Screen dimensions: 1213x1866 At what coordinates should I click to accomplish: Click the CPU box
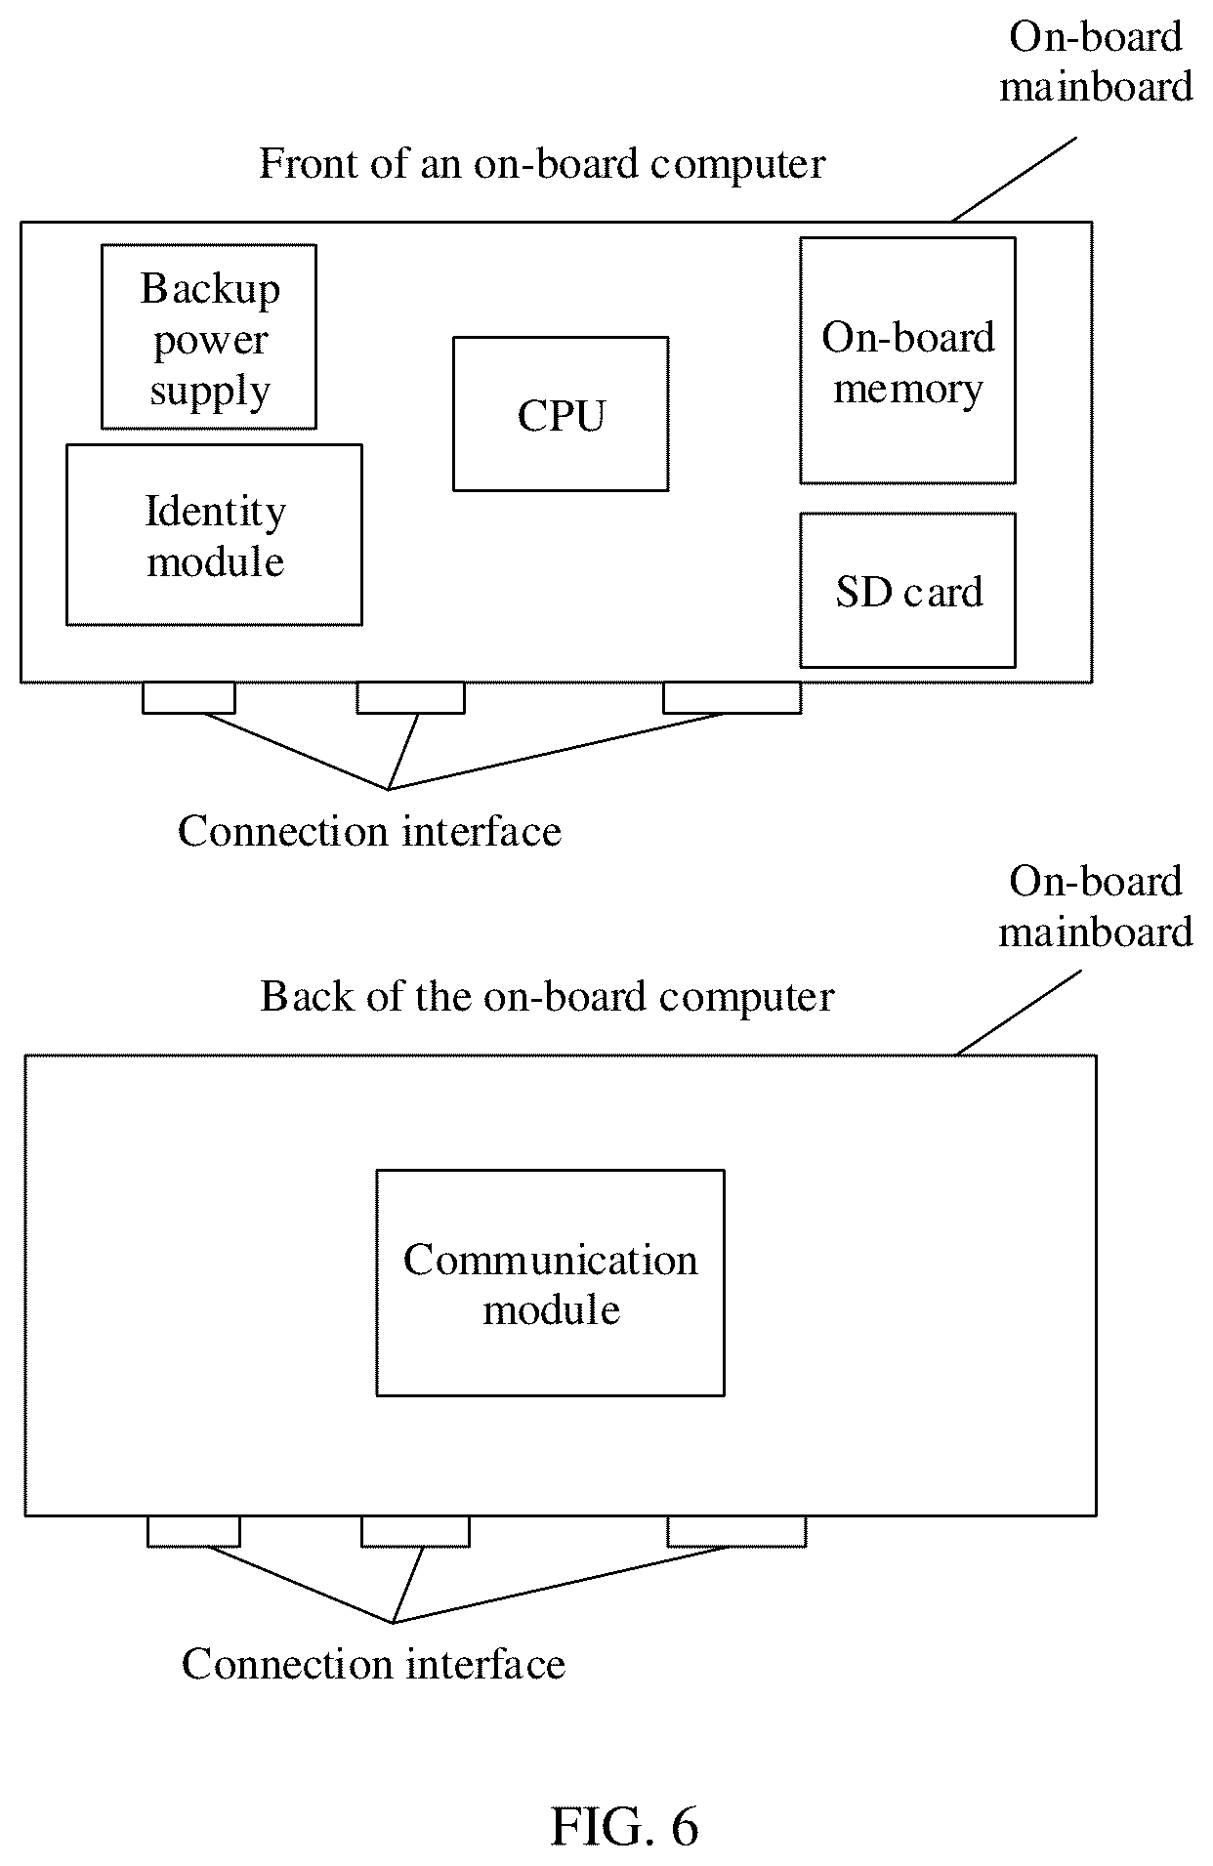pos(561,414)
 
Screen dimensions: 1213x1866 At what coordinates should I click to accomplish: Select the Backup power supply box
pos(209,337)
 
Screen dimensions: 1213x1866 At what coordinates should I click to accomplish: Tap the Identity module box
pos(214,535)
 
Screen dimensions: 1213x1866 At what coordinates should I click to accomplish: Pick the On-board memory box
pos(907,360)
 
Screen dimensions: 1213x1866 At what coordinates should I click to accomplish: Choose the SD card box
pos(907,591)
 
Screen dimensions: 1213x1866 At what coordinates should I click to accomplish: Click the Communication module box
pos(550,1283)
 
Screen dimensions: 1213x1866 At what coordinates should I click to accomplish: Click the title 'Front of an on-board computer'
pos(542,164)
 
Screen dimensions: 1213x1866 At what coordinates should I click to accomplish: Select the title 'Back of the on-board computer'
pos(547,997)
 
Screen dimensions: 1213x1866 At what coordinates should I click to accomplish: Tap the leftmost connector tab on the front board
pos(188,698)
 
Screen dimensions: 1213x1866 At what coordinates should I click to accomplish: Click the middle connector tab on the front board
pos(410,698)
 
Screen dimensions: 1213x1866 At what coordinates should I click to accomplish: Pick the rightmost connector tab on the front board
pos(732,698)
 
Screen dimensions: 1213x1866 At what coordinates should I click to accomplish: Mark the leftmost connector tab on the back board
pos(193,1532)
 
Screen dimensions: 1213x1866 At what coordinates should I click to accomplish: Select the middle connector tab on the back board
pos(415,1532)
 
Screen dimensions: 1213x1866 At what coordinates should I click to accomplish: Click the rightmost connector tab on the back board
pos(736,1532)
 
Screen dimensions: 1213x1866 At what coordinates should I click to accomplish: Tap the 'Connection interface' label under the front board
pos(369,832)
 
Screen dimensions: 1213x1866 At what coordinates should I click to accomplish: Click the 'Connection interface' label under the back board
pos(373,1665)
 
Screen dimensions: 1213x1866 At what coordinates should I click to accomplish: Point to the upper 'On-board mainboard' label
pos(1096,62)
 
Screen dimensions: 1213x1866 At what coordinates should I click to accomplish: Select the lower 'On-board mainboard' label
pos(1096,906)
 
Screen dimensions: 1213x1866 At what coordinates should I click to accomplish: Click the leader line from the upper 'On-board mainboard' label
pos(1014,179)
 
